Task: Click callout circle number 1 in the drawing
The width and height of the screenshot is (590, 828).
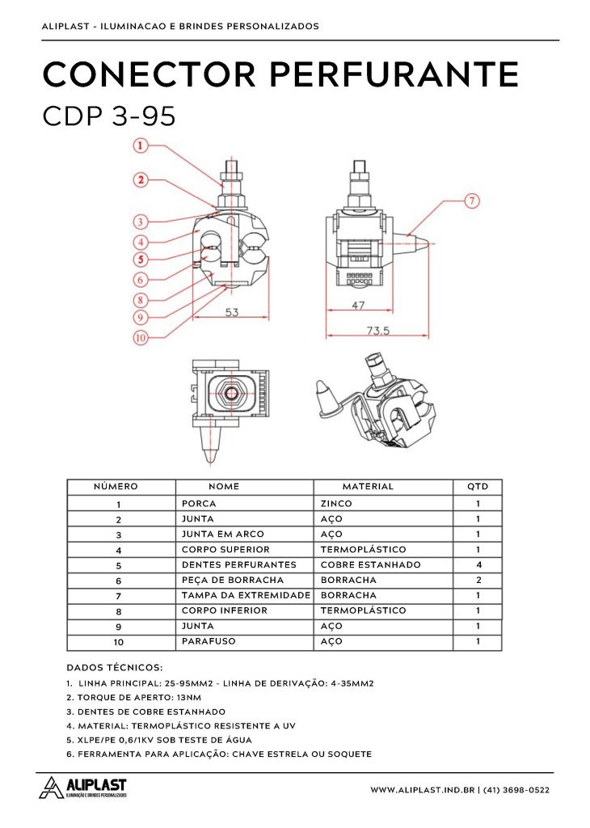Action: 141,146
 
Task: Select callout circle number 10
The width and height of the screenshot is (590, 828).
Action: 141,339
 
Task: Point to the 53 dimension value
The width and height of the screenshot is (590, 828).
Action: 232,312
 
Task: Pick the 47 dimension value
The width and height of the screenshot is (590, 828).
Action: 359,306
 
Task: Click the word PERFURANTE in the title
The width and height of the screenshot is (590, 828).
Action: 394,74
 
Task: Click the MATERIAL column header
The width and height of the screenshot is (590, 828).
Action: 368,487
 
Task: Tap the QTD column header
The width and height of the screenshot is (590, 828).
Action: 478,487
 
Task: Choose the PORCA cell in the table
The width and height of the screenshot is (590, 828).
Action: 199,503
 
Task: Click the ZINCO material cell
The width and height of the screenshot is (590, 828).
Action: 336,503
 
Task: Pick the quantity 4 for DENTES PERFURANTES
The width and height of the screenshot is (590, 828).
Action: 478,564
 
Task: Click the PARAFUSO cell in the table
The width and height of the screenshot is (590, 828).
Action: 205,641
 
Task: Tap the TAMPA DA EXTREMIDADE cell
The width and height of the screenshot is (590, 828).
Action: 246,595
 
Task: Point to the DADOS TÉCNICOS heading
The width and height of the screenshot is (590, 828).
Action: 114,668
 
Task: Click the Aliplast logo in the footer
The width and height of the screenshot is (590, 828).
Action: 84,788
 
